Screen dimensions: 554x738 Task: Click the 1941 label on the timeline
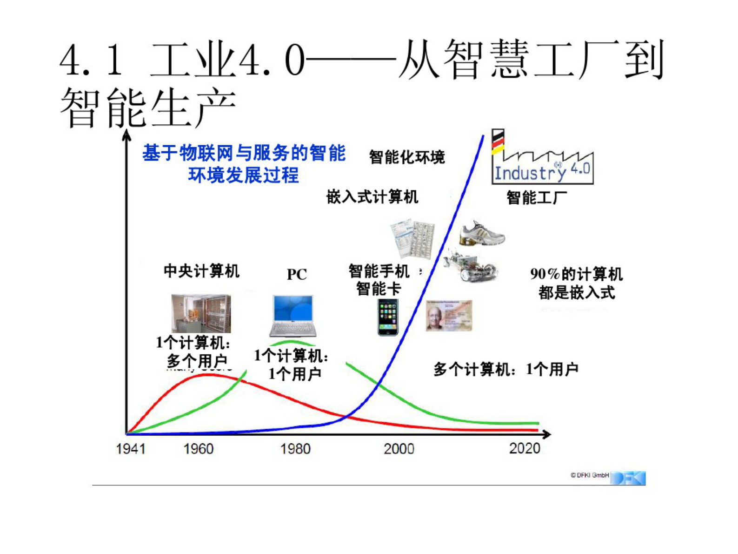click(131, 449)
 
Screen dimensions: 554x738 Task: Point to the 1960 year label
click(199, 449)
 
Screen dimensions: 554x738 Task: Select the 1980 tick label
click(295, 449)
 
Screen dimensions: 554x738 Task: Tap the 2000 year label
click(399, 449)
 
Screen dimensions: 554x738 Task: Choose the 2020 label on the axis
click(525, 448)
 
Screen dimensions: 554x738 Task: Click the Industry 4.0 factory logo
click(542, 158)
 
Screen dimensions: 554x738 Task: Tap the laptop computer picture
click(293, 316)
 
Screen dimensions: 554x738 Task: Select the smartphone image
click(387, 317)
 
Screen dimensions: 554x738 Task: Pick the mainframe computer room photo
click(201, 313)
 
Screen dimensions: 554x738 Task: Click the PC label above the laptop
click(297, 275)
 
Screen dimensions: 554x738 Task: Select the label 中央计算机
click(201, 271)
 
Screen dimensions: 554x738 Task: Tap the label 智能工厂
click(537, 198)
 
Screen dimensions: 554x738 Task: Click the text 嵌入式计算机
click(372, 197)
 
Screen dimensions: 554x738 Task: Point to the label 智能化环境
click(407, 157)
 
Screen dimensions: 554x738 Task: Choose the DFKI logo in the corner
click(628, 478)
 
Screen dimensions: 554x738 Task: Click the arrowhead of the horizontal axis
click(547, 434)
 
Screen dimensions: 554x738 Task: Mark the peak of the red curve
click(209, 374)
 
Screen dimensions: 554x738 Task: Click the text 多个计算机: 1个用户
click(506, 370)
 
